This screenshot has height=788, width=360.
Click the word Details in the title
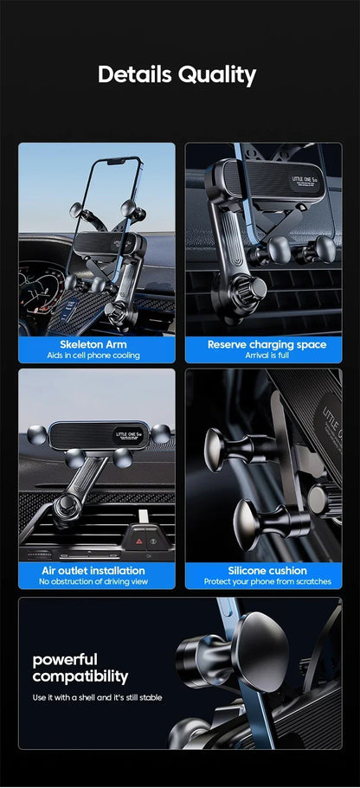[135, 74]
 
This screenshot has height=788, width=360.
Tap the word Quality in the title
[217, 75]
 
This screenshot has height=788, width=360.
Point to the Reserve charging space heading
[267, 344]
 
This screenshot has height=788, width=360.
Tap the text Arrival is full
[267, 356]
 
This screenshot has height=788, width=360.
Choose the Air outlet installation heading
[93, 571]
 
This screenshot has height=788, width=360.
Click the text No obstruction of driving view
[93, 582]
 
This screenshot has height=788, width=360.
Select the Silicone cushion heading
[267, 571]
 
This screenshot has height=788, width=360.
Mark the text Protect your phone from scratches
[267, 582]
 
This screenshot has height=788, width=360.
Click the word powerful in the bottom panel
[65, 659]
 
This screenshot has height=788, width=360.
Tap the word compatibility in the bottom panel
[80, 676]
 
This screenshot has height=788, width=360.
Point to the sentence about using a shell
[98, 697]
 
